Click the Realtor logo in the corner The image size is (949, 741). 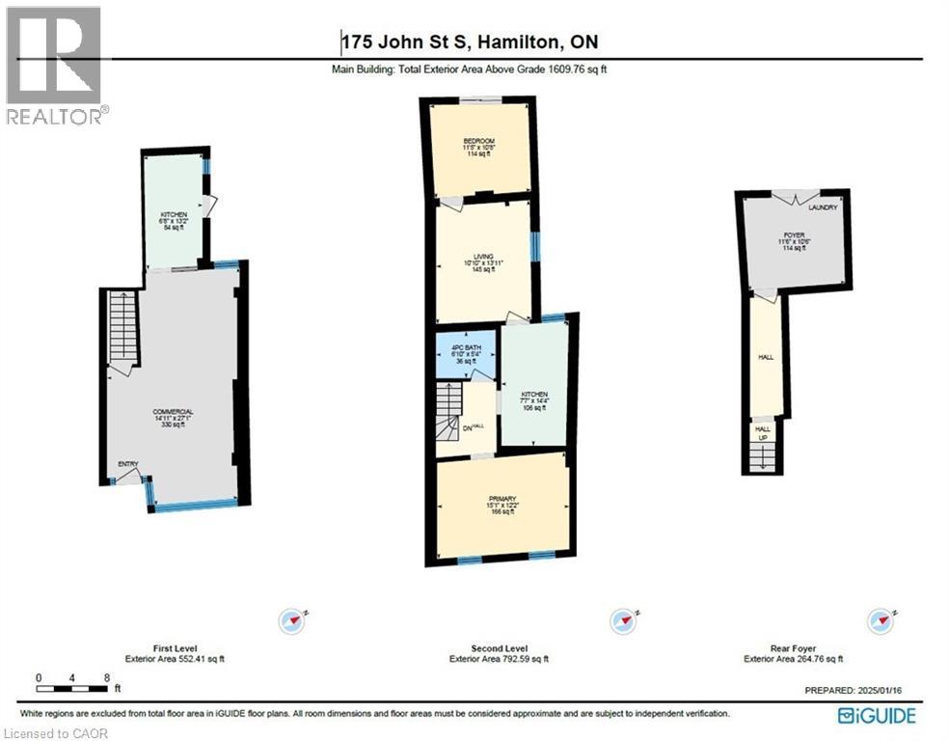pos(54,64)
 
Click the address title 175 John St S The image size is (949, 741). pos(476,41)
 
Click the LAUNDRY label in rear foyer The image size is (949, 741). pos(823,207)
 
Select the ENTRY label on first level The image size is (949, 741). pos(128,465)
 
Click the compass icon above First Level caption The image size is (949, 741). pos(291,620)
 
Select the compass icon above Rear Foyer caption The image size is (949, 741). pos(881,620)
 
